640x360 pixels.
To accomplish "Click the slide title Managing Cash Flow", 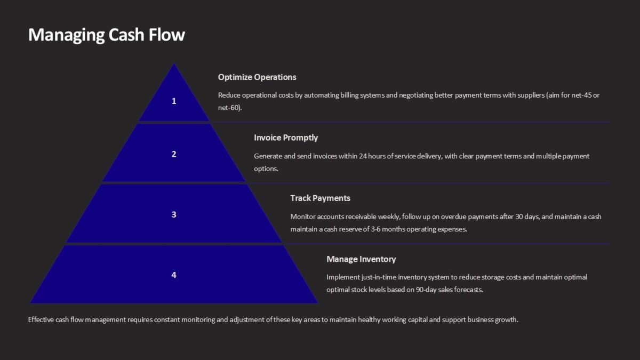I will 106,35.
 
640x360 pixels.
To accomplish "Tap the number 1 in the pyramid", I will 174,101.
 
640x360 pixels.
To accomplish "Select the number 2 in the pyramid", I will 174,154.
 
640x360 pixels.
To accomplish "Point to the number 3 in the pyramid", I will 174,214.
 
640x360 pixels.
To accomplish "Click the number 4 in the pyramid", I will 174,275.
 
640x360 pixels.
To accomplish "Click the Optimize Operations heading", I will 257,77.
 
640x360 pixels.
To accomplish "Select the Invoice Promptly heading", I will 286,138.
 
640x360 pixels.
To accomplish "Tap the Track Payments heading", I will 320,198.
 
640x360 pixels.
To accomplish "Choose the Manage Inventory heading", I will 361,259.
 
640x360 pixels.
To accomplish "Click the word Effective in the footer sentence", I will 41,320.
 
